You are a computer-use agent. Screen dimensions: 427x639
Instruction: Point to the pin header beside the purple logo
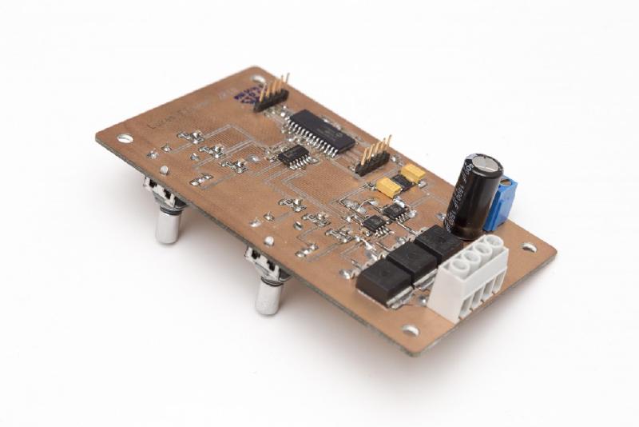point(272,96)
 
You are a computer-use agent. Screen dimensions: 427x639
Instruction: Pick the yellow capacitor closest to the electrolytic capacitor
point(413,174)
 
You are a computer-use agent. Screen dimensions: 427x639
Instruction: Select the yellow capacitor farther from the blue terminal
point(388,187)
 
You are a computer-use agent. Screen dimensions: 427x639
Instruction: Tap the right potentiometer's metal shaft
point(267,296)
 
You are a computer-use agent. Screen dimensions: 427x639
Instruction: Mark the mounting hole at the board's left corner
point(125,138)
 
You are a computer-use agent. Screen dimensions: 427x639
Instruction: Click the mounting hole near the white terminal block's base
point(411,329)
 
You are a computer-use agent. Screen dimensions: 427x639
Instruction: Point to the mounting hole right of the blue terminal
point(528,248)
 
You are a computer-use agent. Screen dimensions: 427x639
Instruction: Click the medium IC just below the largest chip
point(294,155)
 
